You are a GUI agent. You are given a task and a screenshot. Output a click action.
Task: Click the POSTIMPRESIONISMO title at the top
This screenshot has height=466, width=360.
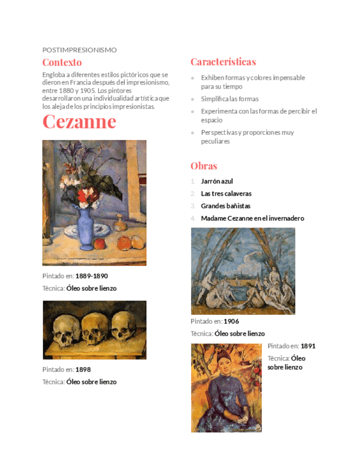(x=79, y=50)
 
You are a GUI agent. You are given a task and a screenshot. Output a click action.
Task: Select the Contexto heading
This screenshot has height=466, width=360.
(x=62, y=62)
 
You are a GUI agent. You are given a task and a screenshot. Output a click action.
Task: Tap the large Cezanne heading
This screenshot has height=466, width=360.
(x=79, y=121)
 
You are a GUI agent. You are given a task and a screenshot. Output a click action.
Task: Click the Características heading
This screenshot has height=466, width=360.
(x=223, y=62)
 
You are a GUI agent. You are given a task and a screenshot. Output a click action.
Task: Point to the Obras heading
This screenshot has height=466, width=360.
(x=204, y=165)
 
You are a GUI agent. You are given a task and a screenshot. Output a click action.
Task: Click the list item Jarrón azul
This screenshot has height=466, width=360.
(x=217, y=181)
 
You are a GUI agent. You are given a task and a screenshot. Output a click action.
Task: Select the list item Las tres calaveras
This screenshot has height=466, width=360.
(x=226, y=193)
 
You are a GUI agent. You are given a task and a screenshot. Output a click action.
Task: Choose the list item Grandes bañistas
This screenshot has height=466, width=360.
(x=225, y=206)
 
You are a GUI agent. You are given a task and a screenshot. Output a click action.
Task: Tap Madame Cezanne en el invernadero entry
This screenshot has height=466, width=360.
(x=252, y=218)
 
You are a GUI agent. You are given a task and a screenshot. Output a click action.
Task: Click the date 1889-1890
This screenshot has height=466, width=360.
(x=91, y=276)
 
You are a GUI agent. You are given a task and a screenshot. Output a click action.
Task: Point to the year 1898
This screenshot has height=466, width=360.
(x=83, y=369)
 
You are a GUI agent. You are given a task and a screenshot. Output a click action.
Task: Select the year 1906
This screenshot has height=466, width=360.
(x=231, y=321)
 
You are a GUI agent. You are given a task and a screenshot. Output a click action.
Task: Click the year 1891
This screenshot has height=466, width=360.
(x=308, y=346)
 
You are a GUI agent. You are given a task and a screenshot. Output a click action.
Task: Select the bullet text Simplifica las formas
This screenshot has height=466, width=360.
(x=229, y=99)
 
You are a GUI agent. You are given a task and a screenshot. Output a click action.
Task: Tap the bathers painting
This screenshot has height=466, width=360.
(x=242, y=271)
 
